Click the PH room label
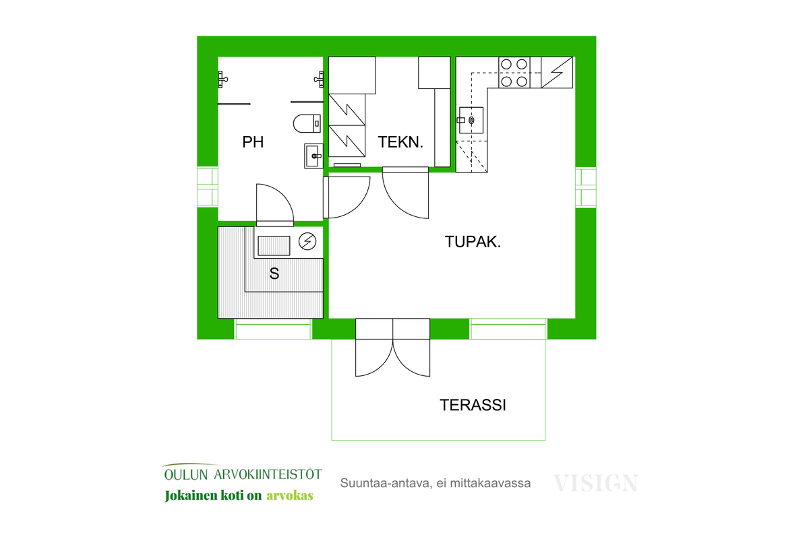253,142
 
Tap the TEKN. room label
400,142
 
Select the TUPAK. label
473,241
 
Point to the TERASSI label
473,405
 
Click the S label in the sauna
274,274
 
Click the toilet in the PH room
307,123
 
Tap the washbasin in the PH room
313,156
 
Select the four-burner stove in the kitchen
514,72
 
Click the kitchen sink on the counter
471,120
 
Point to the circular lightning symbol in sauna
307,241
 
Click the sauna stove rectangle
274,245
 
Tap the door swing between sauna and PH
275,205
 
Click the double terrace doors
392,347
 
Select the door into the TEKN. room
406,193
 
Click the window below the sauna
272,329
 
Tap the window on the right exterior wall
585,187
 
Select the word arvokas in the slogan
290,495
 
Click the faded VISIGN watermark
596,483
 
